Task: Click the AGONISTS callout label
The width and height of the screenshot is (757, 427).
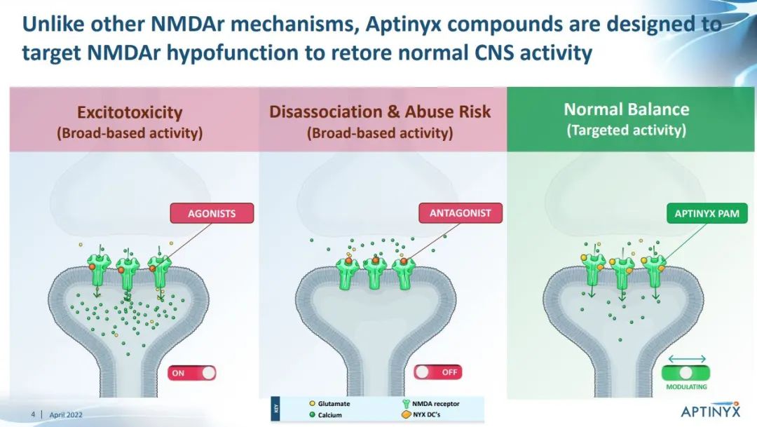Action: [212, 213]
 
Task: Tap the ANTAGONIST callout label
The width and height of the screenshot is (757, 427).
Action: [460, 213]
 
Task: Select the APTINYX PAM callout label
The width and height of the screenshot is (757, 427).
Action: [707, 213]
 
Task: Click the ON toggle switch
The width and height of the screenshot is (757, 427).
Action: [191, 373]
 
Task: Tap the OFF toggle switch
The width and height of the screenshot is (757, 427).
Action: [438, 372]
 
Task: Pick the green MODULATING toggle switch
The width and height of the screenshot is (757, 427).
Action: [686, 373]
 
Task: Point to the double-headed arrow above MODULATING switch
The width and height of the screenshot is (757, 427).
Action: [687, 359]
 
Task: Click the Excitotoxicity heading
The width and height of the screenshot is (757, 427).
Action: [130, 112]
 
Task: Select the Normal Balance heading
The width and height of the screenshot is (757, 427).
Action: [627, 109]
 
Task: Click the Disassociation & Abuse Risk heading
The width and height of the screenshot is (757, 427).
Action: [380, 111]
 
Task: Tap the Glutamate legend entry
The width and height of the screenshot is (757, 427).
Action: [329, 403]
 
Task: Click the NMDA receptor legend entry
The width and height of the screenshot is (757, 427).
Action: [430, 404]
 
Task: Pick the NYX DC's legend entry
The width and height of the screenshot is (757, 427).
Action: [421, 414]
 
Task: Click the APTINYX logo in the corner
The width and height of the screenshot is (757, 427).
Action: [710, 410]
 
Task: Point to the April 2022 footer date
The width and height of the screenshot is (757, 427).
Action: [66, 414]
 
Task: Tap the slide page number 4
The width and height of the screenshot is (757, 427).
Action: [33, 414]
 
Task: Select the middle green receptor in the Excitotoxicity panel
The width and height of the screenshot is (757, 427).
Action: [128, 273]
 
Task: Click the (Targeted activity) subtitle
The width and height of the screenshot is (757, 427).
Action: [626, 130]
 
